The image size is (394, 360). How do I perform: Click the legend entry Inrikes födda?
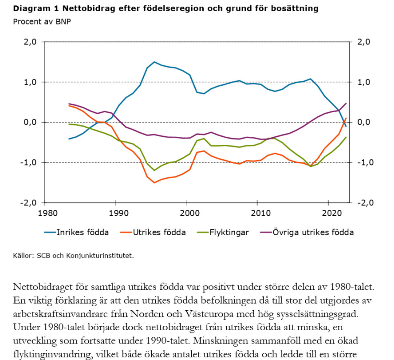82,232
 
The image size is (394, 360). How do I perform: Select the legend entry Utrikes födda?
159,232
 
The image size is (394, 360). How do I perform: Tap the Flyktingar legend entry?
229,232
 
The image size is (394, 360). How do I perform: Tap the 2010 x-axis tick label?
258,214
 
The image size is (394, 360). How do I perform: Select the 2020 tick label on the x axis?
330,214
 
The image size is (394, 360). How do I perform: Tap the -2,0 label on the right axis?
364,202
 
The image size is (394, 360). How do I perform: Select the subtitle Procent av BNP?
42,21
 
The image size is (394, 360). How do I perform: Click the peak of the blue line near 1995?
154,62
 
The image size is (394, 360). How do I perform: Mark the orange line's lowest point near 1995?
154,182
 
